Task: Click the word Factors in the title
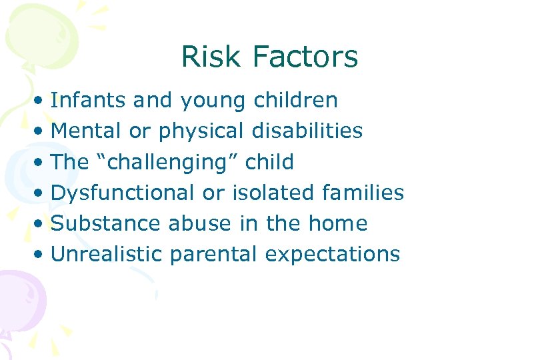[x=305, y=57]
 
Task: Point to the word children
[x=295, y=100]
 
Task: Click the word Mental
[x=87, y=131]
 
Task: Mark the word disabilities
[x=307, y=131]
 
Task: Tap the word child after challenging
[x=269, y=161]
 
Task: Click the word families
[x=362, y=193]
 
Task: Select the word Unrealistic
[x=107, y=254]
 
